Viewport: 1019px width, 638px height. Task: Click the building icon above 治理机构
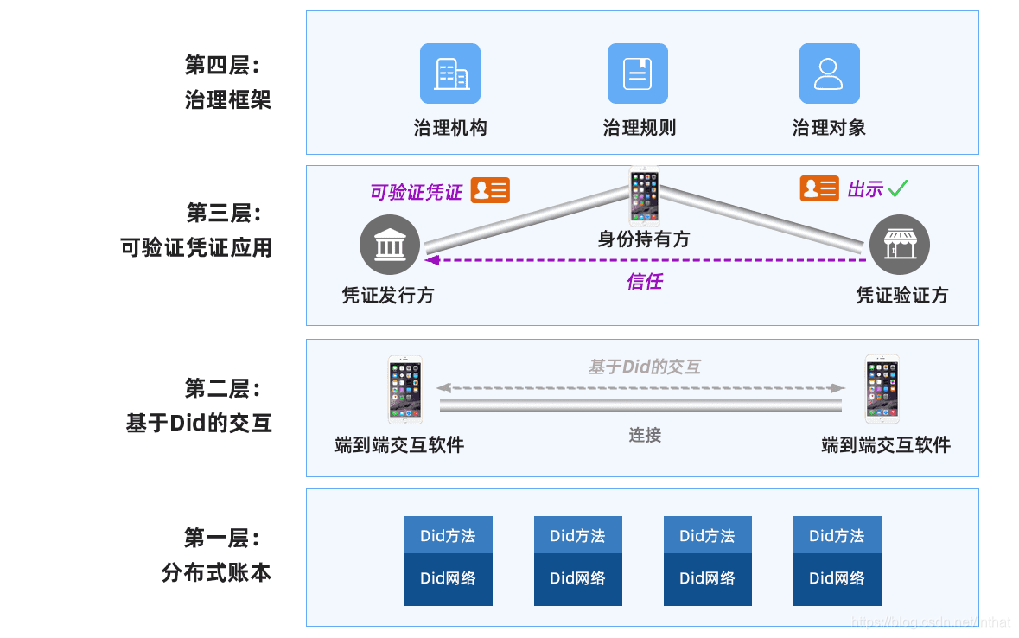point(449,73)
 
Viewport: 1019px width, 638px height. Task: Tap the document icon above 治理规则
point(638,73)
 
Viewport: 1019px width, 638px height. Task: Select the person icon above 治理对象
point(829,73)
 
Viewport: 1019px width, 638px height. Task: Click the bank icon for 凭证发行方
point(389,245)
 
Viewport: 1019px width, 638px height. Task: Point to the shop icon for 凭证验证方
point(899,245)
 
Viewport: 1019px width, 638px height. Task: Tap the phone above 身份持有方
point(644,196)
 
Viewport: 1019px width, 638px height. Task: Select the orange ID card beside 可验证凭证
point(490,190)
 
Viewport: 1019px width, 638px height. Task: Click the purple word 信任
point(644,281)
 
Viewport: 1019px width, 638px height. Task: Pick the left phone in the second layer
point(404,389)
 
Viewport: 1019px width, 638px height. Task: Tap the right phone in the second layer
point(882,389)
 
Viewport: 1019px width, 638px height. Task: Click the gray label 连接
point(645,435)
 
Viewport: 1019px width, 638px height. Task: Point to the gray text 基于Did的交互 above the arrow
point(644,367)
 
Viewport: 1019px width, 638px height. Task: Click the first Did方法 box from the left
point(448,535)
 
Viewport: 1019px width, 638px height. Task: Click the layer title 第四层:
point(222,65)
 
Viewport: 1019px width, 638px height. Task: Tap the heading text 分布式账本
point(216,572)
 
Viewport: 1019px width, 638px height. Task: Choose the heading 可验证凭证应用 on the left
point(196,248)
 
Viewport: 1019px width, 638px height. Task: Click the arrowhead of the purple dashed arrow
point(431,259)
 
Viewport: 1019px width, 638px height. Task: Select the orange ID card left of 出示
point(818,188)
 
